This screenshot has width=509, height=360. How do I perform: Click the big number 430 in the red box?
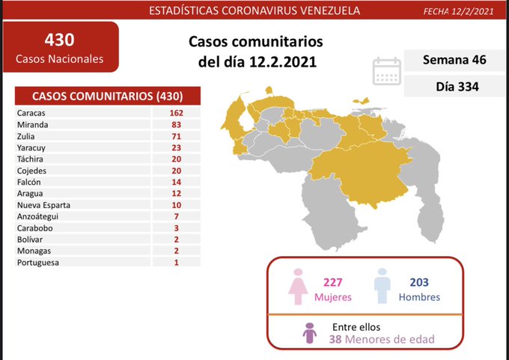point(59,38)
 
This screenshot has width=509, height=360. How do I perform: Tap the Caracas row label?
point(31,112)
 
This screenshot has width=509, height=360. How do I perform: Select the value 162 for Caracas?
point(177,112)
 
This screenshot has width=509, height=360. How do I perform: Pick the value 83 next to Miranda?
point(177,124)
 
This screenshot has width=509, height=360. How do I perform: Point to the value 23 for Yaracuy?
point(177,147)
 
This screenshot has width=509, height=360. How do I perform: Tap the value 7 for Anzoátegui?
point(177,216)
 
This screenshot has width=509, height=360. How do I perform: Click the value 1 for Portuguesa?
point(177,262)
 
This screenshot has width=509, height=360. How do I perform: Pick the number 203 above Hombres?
point(420,282)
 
